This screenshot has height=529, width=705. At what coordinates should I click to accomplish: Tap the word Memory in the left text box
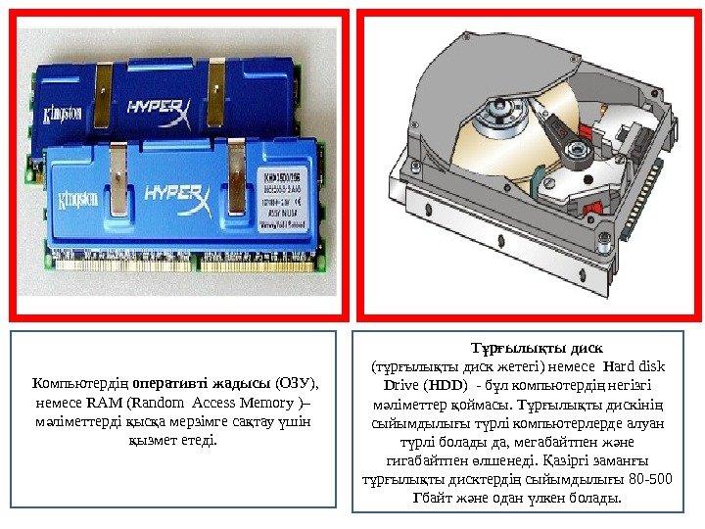point(276,402)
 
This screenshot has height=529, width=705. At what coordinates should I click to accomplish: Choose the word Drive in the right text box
point(399,384)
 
